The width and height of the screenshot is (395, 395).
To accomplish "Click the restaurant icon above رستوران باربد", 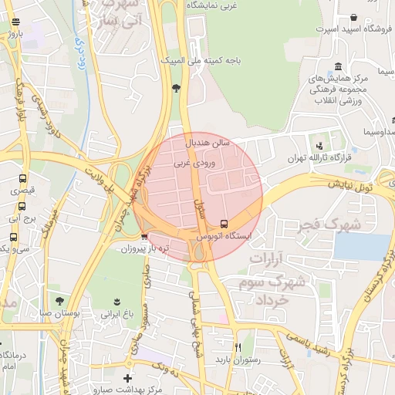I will click(x=238, y=346).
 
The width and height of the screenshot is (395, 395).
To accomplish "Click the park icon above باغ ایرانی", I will click(x=116, y=301).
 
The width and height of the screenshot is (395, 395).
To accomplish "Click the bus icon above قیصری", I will click(x=22, y=177).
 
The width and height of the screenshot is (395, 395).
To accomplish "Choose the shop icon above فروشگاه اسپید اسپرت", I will click(x=353, y=17).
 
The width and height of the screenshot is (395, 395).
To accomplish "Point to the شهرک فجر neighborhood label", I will click(x=346, y=224).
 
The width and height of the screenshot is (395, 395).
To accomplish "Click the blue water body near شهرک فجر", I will click(x=373, y=246).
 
